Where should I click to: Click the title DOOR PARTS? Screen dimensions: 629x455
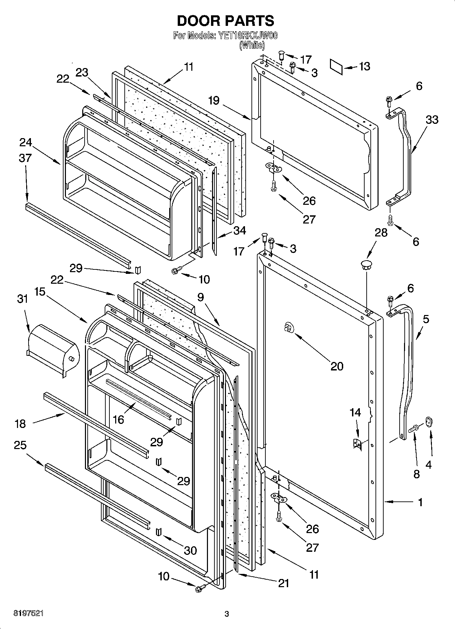225,21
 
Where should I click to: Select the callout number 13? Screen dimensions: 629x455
364,66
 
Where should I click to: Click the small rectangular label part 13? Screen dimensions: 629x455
336,65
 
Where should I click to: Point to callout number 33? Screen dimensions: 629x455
432,120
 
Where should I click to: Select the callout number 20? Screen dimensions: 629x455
337,366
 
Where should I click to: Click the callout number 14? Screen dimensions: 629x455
355,412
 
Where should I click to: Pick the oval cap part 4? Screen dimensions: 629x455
430,421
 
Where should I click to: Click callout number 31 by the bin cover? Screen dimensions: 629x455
22,299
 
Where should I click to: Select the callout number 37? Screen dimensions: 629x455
25,158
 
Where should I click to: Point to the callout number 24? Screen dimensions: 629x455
25,142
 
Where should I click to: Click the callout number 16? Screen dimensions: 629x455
118,419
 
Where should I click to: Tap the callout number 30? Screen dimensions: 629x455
190,550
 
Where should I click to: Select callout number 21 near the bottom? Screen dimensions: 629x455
283,583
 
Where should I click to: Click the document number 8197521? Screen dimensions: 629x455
28,613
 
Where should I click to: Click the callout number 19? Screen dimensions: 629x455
214,100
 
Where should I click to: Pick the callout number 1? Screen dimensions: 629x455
420,502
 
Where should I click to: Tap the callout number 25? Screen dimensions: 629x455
20,445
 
